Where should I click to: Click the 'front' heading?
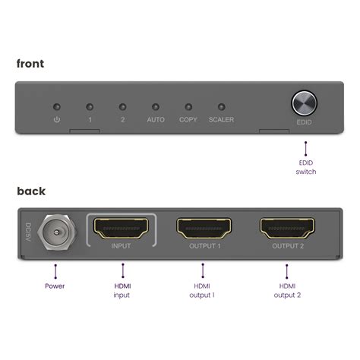click(30, 63)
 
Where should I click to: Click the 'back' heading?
click(30, 191)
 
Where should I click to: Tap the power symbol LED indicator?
click(56, 107)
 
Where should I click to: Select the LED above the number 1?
click(90, 107)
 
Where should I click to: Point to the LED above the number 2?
click(122, 107)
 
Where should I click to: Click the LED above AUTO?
click(156, 107)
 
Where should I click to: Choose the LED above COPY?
click(188, 107)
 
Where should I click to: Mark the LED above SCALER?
click(222, 107)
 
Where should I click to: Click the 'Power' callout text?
click(55, 287)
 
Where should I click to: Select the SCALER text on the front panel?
click(222, 120)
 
